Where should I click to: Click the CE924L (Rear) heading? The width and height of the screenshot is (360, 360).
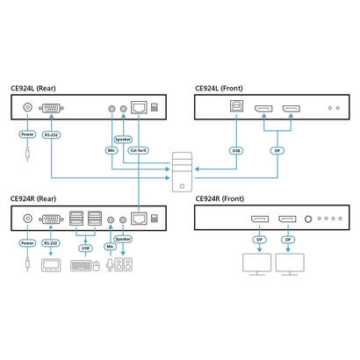pos(35,88)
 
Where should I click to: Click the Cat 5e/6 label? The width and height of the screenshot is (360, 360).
pos(139,150)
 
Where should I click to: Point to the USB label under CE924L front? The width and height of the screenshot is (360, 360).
pos(234,148)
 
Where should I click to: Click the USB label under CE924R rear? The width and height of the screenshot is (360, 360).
pos(85,248)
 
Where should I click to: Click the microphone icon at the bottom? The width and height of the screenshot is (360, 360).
pos(110,265)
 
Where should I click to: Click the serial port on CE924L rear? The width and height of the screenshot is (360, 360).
pos(52,108)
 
